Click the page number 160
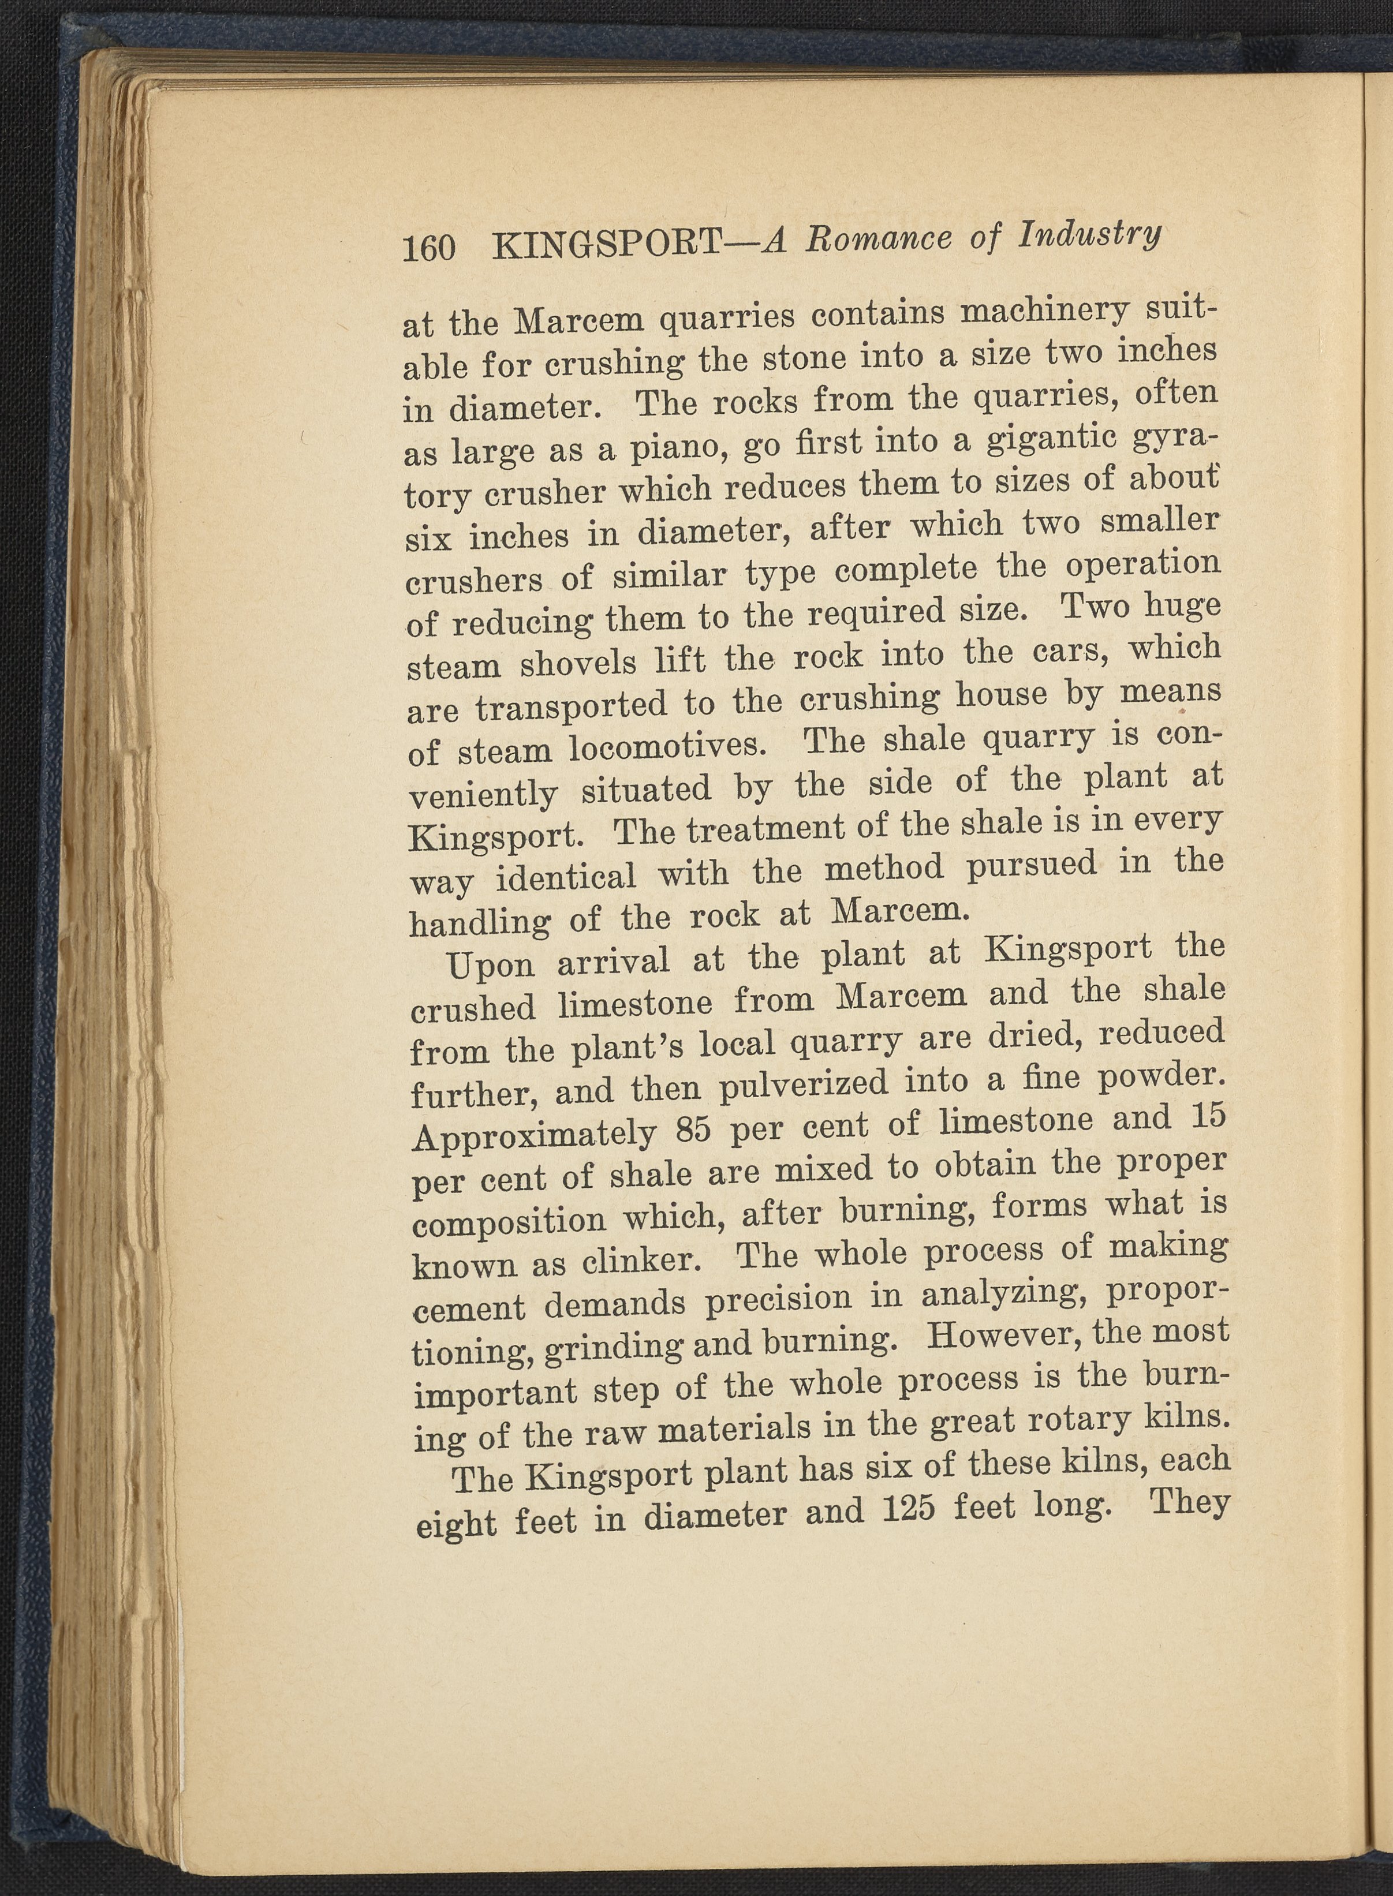tap(429, 249)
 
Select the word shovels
tap(578, 663)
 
